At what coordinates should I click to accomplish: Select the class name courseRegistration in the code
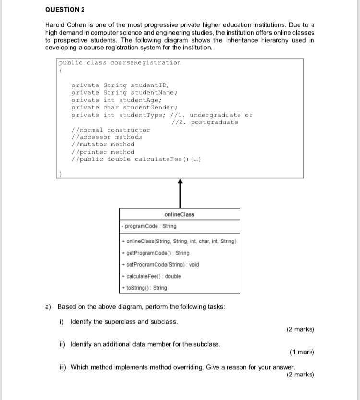point(145,63)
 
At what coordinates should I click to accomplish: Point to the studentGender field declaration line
point(124,107)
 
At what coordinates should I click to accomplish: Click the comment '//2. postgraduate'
point(204,122)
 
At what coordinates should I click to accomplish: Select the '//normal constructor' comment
point(110,130)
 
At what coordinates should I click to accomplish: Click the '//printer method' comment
point(102,152)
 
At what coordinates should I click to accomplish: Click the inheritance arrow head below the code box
point(180,182)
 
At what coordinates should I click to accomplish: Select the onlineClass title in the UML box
point(179,214)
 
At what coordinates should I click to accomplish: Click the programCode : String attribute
point(149,226)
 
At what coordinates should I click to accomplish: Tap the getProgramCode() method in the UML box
point(156,253)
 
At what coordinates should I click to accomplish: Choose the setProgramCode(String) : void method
point(161,265)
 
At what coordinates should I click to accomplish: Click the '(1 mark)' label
point(302,352)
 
